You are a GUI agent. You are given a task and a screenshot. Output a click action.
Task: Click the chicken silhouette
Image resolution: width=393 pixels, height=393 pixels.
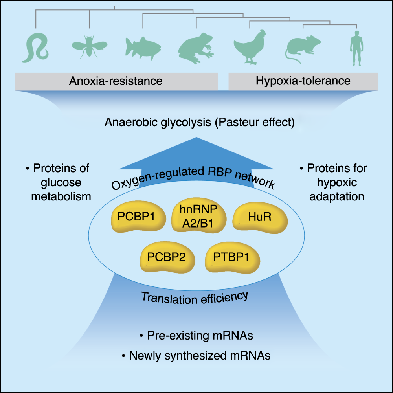pyautogui.click(x=249, y=47)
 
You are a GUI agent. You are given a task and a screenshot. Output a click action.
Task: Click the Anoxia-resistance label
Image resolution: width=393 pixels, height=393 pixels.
pyautogui.click(x=116, y=81)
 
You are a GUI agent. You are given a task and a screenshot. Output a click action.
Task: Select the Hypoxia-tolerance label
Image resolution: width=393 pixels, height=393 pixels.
pyautogui.click(x=303, y=81)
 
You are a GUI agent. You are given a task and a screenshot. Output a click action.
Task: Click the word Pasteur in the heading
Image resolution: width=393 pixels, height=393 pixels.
pyautogui.click(x=234, y=123)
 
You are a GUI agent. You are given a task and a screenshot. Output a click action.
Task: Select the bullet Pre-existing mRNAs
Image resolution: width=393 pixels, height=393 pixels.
pyautogui.click(x=196, y=336)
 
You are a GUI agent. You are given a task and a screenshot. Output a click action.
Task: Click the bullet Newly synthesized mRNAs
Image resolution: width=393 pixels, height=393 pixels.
pyautogui.click(x=196, y=356)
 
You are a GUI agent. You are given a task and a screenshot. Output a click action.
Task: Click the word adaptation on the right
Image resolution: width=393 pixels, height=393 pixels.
pyautogui.click(x=336, y=196)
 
